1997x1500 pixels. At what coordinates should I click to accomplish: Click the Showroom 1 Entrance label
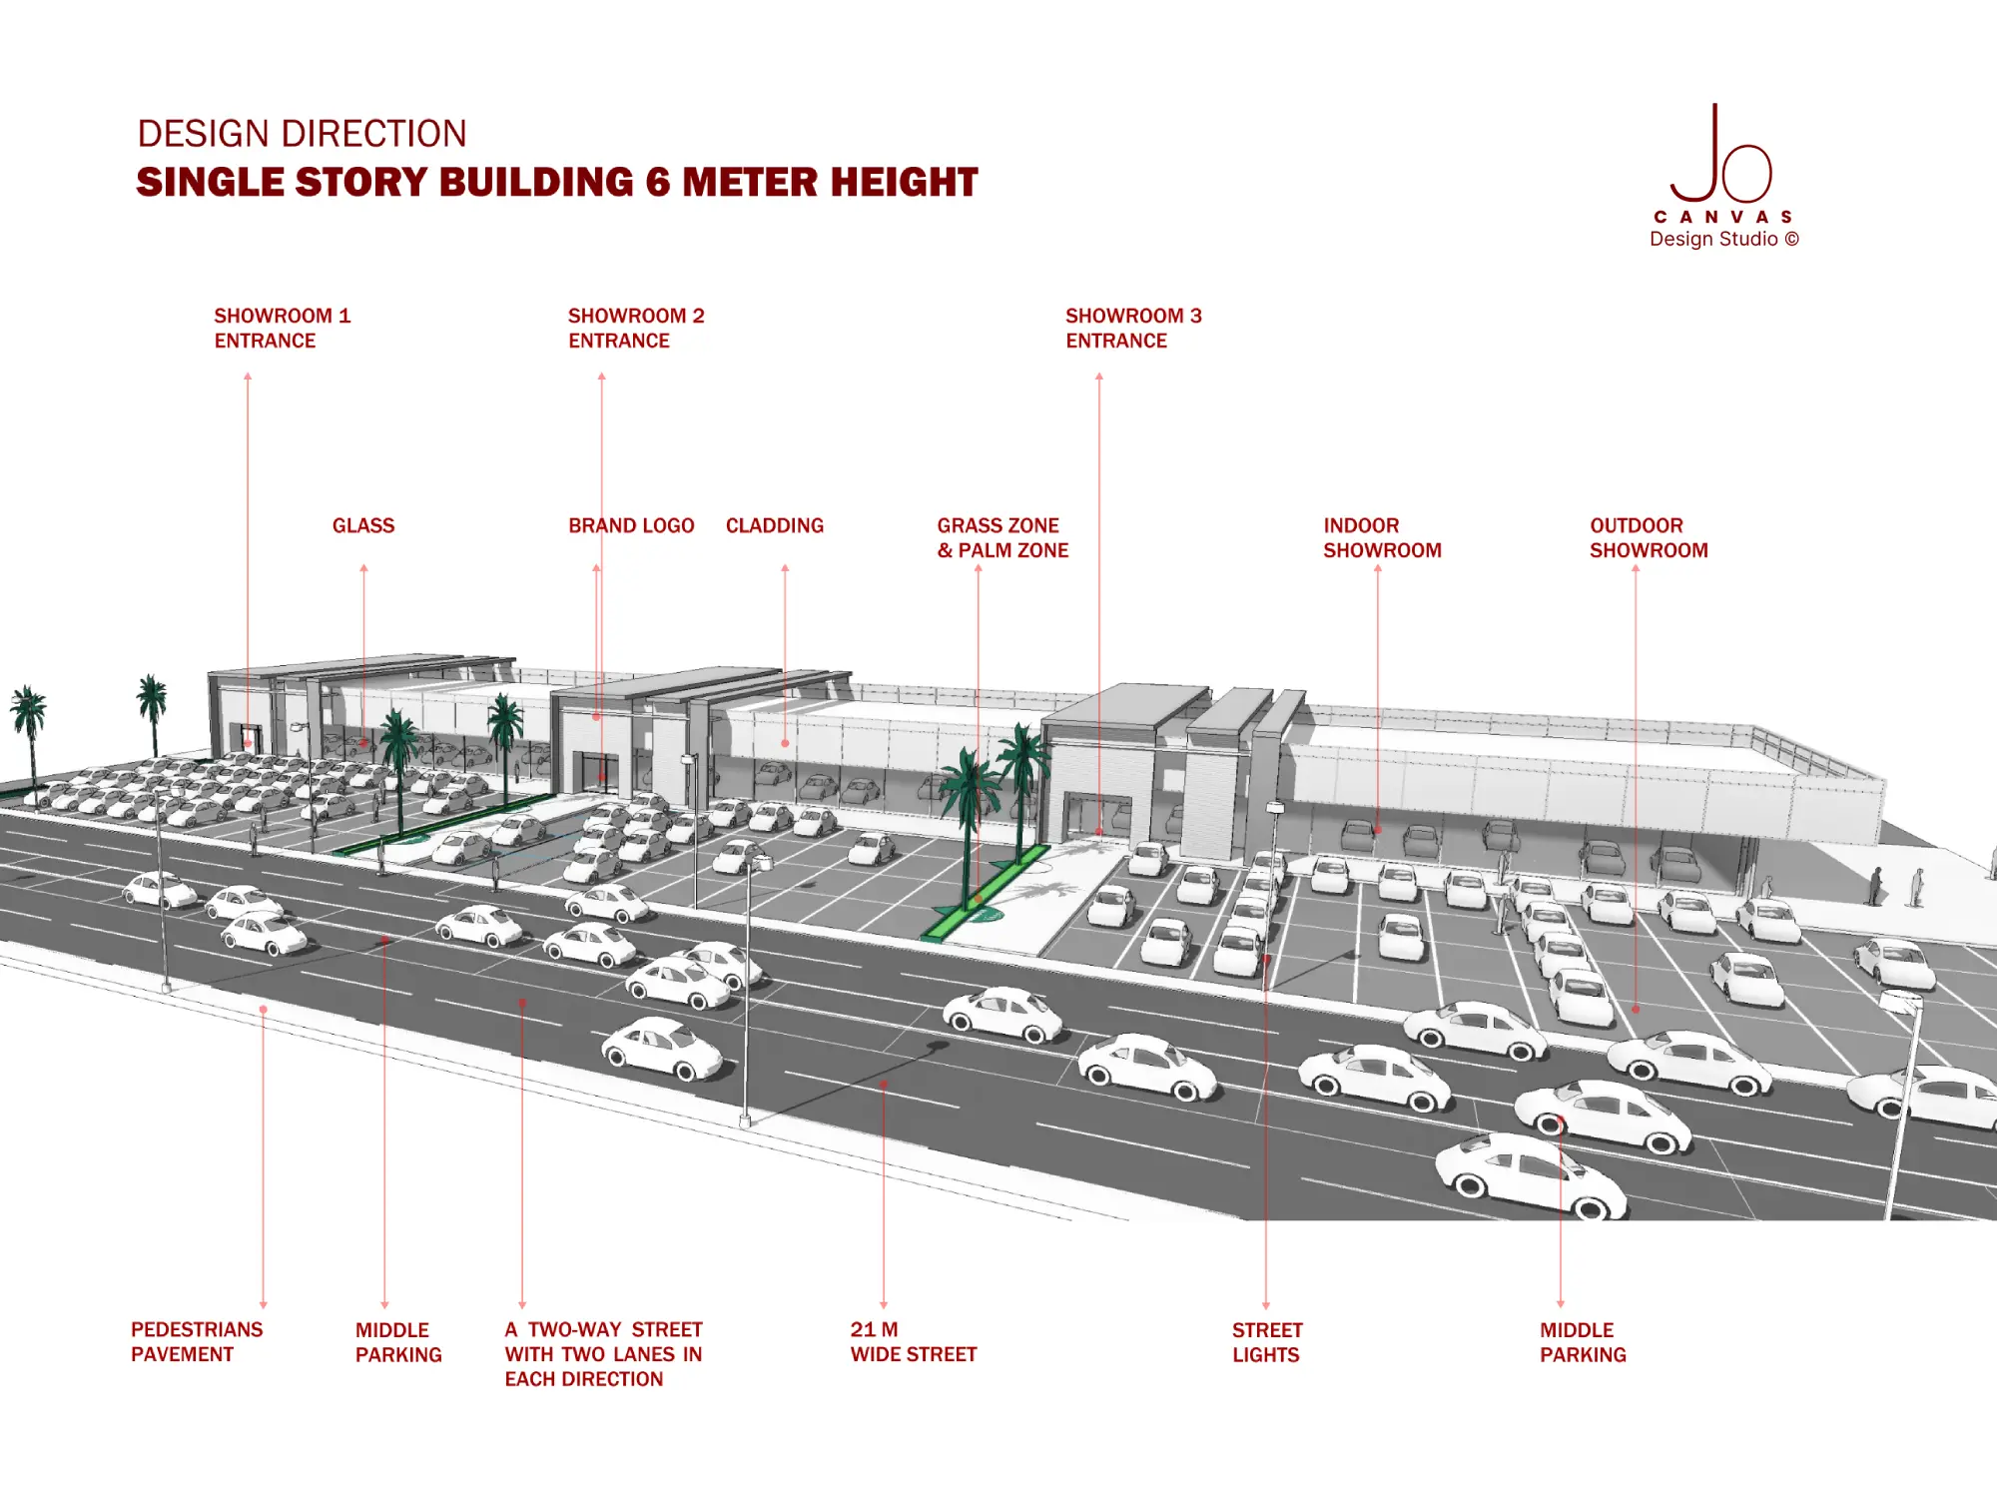tap(282, 329)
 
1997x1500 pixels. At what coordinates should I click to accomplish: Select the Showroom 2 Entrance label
tap(636, 329)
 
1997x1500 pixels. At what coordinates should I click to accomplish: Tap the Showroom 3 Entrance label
tap(1133, 329)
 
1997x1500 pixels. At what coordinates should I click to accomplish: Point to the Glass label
tap(363, 526)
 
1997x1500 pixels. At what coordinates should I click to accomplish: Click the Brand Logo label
tap(631, 526)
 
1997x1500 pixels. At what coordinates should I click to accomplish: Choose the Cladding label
tap(775, 526)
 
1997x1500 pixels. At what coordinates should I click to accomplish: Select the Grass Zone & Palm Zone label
tap(1002, 538)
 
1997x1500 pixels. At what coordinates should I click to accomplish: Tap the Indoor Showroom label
tap(1382, 538)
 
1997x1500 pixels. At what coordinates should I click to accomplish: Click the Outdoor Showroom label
tap(1649, 538)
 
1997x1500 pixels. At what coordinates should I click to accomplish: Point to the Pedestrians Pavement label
tap(197, 1342)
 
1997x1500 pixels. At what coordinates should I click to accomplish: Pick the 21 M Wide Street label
tap(913, 1342)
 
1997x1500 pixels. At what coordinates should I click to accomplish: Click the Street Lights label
tap(1267, 1343)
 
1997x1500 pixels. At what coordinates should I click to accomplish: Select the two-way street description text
tap(603, 1354)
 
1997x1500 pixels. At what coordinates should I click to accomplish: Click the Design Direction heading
tap(302, 134)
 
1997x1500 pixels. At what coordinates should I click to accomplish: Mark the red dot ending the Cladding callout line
tap(785, 744)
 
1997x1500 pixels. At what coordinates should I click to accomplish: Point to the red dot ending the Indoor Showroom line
tap(1378, 830)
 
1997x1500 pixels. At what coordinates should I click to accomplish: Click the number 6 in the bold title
tap(658, 183)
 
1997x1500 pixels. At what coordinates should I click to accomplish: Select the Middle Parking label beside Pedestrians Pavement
tap(398, 1343)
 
